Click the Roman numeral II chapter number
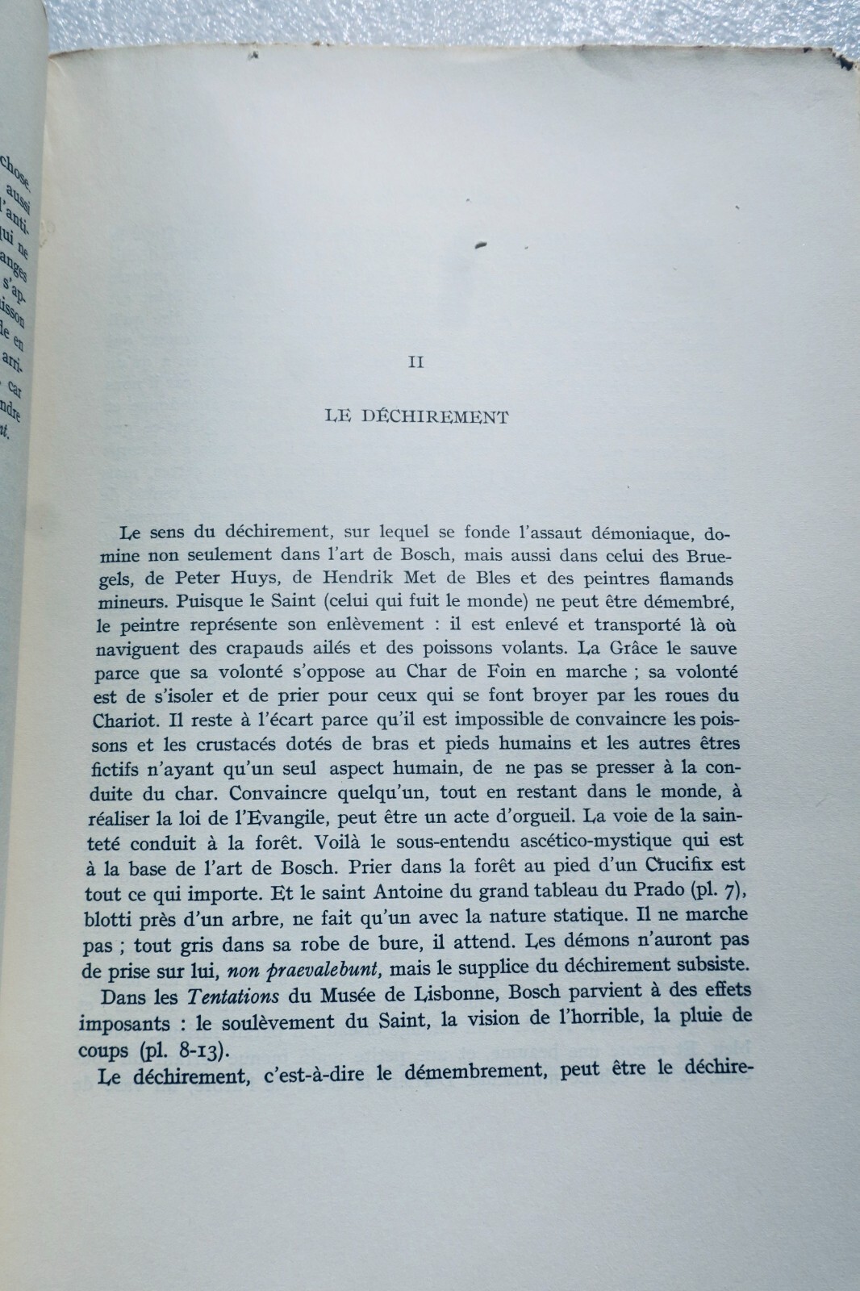415,362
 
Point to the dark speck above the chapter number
481,245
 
